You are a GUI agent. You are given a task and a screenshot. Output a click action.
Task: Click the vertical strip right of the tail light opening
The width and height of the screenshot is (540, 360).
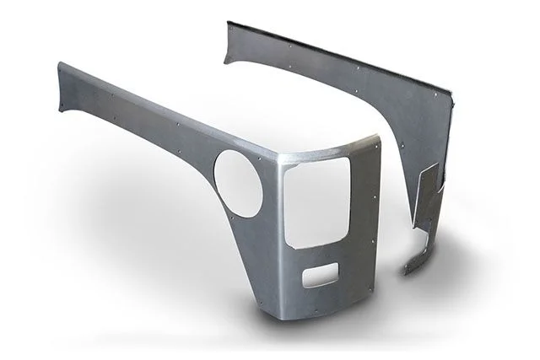(363, 211)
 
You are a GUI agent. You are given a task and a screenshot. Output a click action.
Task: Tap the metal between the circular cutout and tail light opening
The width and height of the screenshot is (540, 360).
(274, 202)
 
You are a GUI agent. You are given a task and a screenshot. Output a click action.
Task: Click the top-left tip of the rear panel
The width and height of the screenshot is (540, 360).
(226, 22)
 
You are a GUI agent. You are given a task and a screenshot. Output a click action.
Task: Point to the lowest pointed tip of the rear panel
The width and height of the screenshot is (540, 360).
(405, 273)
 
